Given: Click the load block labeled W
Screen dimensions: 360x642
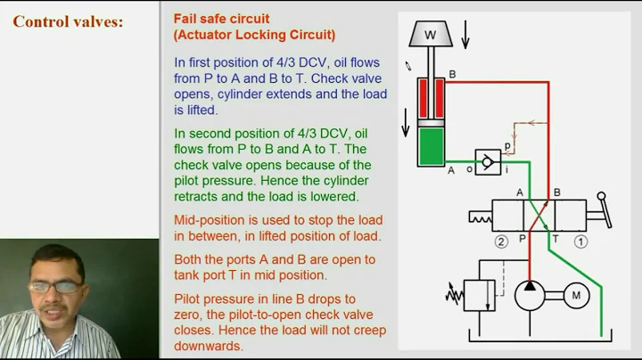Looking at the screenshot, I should (430, 36).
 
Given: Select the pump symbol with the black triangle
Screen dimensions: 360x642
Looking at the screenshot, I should (531, 295).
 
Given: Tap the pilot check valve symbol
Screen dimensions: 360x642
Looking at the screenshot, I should (488, 161).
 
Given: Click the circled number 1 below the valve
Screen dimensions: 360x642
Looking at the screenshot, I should (580, 241).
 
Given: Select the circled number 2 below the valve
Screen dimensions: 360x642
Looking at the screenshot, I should (502, 241).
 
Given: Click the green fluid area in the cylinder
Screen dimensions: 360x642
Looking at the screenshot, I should (434, 146).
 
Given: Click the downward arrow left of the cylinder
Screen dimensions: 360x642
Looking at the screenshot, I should (406, 124).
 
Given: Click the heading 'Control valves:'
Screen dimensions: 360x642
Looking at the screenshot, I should (68, 21).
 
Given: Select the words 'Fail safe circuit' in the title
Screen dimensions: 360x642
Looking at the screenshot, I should (221, 19).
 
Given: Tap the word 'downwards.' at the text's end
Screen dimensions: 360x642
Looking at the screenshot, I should (209, 346).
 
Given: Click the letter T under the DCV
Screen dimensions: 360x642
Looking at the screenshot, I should (555, 239).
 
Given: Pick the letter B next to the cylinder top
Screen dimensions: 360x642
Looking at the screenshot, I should (452, 75).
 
